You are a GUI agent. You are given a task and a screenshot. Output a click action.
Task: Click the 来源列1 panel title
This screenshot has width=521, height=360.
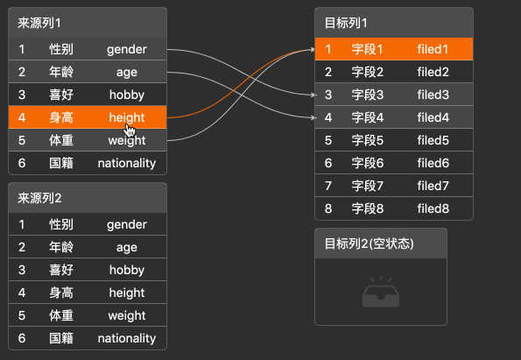39,23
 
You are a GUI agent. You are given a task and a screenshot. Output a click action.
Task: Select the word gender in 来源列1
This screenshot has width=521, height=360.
127,50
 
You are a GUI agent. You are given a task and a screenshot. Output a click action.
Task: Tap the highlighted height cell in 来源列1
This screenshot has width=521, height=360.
127,117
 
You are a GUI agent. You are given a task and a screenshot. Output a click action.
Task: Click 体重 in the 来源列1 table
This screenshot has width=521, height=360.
61,140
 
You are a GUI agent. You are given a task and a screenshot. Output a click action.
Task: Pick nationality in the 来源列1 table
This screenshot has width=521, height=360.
127,163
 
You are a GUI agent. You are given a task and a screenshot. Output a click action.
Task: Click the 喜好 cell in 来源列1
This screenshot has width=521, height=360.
61,95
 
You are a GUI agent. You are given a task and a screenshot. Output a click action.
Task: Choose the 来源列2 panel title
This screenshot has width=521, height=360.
39,198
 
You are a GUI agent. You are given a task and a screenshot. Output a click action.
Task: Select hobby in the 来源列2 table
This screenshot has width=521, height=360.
127,270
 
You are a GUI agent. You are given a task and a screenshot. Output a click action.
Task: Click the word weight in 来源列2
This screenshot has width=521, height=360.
127,315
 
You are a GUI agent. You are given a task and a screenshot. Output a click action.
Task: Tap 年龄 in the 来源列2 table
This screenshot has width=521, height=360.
61,247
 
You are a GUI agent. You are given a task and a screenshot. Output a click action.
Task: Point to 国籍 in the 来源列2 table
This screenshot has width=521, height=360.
61,338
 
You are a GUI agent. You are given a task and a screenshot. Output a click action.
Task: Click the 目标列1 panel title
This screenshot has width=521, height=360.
346,23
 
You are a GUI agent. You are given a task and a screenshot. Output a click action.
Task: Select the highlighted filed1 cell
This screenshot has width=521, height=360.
433,49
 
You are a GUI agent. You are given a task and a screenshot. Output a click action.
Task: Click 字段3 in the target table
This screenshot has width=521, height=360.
368,95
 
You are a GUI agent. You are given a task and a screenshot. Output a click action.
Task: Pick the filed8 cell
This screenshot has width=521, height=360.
433,208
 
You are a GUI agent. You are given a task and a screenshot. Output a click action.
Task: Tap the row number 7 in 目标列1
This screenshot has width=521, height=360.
328,186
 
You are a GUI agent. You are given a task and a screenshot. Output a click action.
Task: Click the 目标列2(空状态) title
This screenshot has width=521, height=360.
370,244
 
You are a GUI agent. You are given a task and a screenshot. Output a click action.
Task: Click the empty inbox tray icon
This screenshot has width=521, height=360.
381,292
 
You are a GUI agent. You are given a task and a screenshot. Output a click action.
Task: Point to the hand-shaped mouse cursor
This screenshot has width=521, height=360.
130,131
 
